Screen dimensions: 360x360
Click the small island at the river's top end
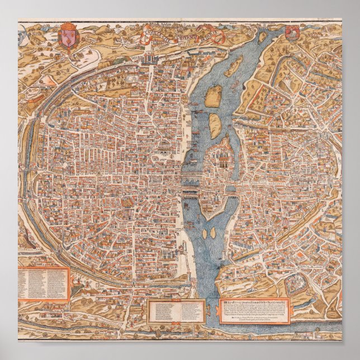click(x=262, y=38)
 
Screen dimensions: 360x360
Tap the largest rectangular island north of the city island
click(x=212, y=95)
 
